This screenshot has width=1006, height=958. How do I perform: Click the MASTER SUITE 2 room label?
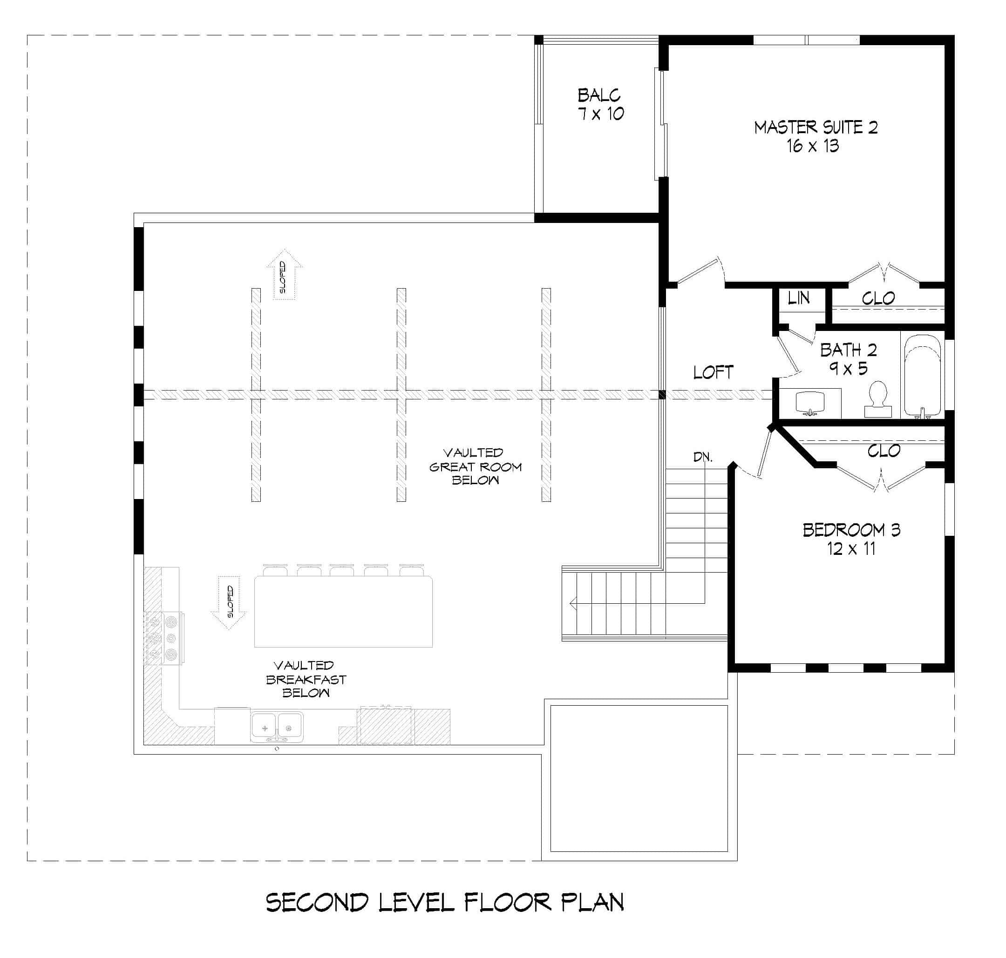click(816, 127)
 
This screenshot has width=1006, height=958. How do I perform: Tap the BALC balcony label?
click(599, 95)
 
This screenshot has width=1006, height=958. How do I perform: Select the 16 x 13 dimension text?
click(813, 146)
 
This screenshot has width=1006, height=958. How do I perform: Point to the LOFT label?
click(713, 372)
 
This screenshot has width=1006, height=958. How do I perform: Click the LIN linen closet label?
click(799, 298)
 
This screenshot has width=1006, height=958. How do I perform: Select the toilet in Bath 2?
click(878, 399)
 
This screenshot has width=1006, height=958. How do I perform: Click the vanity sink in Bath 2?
click(810, 402)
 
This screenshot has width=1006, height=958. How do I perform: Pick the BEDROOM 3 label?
click(852, 530)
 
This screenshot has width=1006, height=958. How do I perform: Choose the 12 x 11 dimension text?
click(852, 549)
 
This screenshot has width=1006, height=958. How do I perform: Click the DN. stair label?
click(703, 457)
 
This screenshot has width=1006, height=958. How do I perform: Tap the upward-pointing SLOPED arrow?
click(285, 274)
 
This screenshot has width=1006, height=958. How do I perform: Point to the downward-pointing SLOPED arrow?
click(229, 602)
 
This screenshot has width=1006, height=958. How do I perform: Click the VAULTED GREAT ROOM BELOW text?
click(475, 466)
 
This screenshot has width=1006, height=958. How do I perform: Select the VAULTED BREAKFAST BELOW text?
click(306, 679)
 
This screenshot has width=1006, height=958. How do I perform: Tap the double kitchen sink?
click(276, 727)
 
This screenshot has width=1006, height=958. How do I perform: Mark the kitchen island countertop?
click(343, 611)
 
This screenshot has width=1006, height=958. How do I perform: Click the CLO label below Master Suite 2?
click(878, 298)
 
